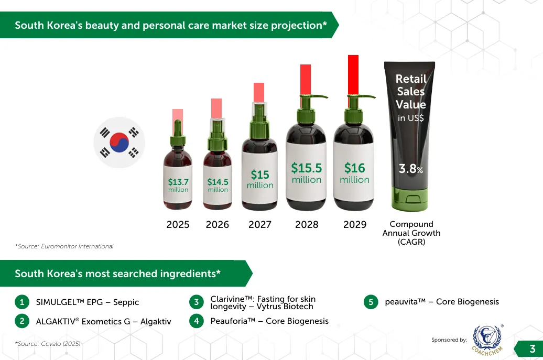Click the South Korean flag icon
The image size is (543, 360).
coord(119,142)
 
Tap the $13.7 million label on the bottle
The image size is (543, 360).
coord(178,185)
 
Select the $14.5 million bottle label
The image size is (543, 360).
coord(218,185)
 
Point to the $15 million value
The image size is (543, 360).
coord(260,179)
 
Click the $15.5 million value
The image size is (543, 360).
coord(307,173)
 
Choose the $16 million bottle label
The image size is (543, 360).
coord(355,173)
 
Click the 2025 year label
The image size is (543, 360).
coord(178,225)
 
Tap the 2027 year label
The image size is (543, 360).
coord(260,225)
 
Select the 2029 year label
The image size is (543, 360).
coord(355,225)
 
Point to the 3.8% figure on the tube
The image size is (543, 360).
coord(411,169)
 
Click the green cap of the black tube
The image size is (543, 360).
coord(410,199)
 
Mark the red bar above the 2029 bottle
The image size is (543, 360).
coord(353,74)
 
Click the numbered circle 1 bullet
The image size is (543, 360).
coord(22,302)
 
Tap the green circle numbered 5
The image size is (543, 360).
coord(371,302)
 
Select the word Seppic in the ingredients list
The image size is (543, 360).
coord(126,302)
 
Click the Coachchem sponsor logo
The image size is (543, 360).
coord(487,340)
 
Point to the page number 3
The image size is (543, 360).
coord(533,349)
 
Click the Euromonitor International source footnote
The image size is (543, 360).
coord(64,246)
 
